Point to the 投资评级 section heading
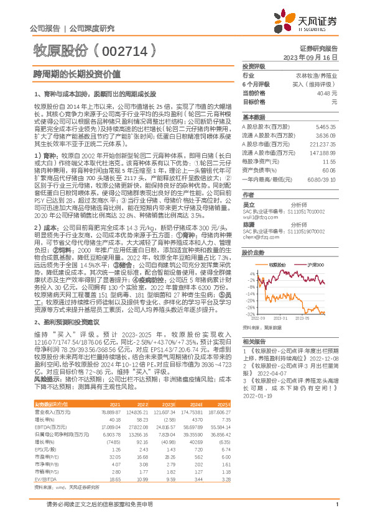coord(254,66)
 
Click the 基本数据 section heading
coord(254,117)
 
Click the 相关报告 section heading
coord(254,342)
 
